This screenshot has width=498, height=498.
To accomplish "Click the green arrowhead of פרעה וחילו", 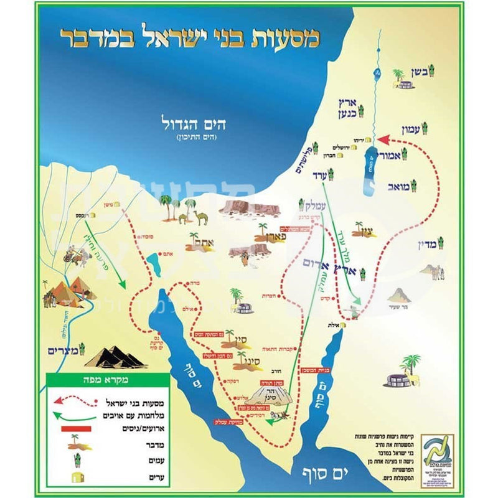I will coord(122,286).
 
